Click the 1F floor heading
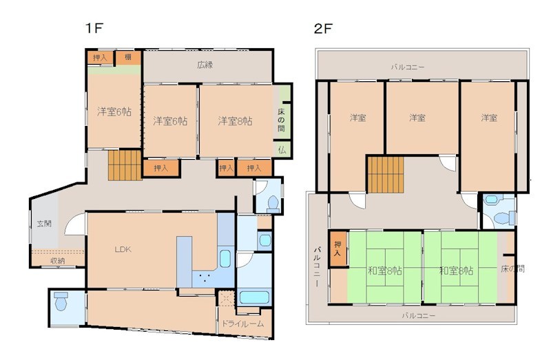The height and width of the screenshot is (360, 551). pos(94,28)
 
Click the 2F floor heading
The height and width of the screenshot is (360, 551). pos(323,28)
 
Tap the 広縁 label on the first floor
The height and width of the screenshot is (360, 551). pos(205,65)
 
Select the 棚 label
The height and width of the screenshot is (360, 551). pos(128,57)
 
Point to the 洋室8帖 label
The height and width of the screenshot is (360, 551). pos(235,121)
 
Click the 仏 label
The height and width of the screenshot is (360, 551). pos(282,150)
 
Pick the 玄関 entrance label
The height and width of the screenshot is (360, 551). pos(44,224)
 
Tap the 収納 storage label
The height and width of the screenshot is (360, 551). pos(58,261)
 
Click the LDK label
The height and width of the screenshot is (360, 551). pos(123,249)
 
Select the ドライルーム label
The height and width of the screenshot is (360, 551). pos(242,324)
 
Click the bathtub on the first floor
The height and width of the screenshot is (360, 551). pos(254,297)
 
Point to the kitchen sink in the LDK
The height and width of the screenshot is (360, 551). pos(225,259)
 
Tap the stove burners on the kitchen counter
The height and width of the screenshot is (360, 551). pos(203,278)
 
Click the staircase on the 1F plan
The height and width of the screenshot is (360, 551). pos(125,165)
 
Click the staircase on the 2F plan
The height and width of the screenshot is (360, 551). pos(386,175)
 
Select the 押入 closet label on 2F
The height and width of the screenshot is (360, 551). pos(337,248)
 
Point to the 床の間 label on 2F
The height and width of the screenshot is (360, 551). pos(512,269)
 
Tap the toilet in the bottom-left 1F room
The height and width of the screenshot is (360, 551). pos(61,301)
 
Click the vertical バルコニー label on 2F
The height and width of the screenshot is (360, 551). pos(317,267)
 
